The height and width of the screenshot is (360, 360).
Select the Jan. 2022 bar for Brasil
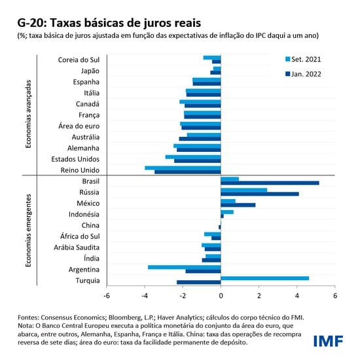[x=270, y=183]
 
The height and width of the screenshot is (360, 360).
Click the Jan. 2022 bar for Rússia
[x=259, y=194]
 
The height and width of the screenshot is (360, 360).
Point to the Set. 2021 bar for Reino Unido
[x=183, y=168]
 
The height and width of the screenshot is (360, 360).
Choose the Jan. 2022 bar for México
[x=238, y=205]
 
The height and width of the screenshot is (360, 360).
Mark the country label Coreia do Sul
[x=79, y=60]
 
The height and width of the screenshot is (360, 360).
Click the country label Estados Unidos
[x=75, y=159]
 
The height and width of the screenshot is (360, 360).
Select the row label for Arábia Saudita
[x=77, y=247]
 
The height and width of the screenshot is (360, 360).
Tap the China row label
[x=90, y=225]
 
